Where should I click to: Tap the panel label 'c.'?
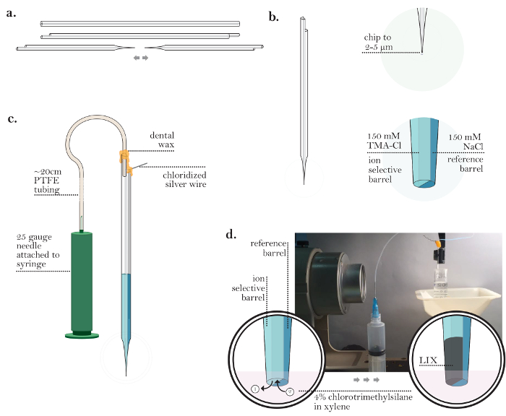coord(12,119)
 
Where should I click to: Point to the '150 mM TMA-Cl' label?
coord(383,141)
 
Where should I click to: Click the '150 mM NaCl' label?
coord(466,141)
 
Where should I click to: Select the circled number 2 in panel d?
coord(289,392)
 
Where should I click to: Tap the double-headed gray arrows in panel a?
coord(141,58)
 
